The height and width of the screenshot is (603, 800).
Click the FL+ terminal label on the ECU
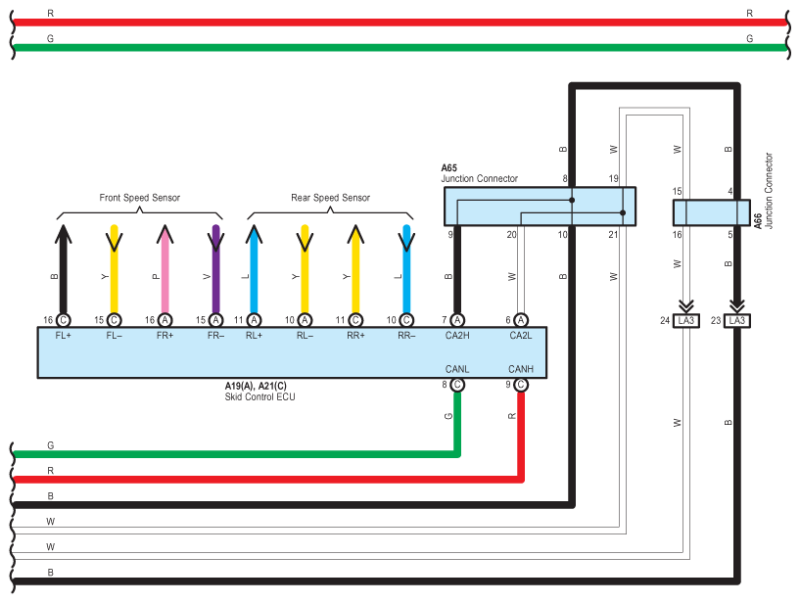pos(64,335)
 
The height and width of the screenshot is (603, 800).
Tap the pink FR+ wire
pos(165,269)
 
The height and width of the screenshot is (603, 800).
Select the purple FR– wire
pos(215,269)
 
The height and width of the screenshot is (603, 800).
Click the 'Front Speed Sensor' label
pos(139,198)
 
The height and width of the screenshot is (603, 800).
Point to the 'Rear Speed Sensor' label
pos(330,198)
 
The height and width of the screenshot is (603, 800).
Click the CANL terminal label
pos(456,369)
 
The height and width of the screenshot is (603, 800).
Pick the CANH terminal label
pos(520,369)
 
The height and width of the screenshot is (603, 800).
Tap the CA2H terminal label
pos(457,335)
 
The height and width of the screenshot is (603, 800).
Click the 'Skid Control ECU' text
pos(259,396)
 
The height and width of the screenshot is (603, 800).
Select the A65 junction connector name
pos(449,167)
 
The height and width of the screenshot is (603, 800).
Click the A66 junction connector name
pos(758,221)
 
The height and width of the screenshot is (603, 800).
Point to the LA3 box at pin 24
pos(686,320)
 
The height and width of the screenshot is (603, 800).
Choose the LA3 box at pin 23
pos(736,320)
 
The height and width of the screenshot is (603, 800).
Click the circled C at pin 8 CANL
pos(457,384)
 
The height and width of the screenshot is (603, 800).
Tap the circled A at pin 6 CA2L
pos(520,320)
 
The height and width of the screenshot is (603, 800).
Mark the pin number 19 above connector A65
pos(613,178)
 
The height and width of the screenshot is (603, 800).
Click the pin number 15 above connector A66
pos(677,191)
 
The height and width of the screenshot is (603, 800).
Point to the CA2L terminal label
pos(520,335)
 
